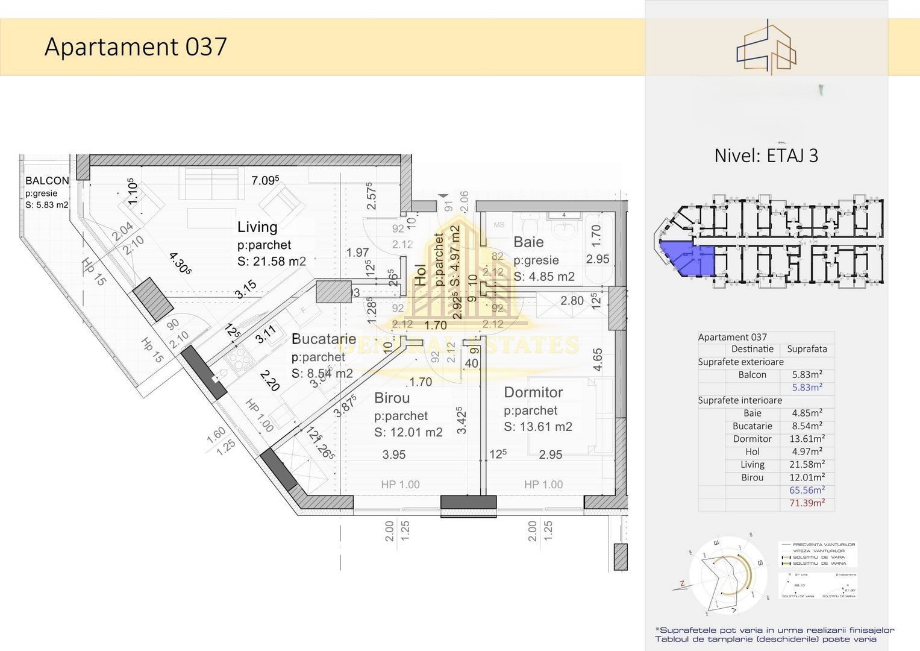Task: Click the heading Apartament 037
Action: [136, 47]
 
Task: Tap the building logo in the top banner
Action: [766, 47]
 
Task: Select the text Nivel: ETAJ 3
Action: [766, 156]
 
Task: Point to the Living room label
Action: [257, 227]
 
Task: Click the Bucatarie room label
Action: [324, 339]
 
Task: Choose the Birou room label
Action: [392, 398]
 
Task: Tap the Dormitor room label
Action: [533, 392]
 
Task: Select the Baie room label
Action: [528, 242]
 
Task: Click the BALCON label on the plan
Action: [47, 180]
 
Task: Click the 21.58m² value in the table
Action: [807, 464]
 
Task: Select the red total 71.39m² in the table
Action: [807, 503]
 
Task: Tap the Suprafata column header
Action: [807, 349]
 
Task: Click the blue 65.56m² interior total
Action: [807, 490]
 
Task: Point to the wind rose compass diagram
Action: [728, 574]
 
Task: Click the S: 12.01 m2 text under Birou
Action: [408, 432]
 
